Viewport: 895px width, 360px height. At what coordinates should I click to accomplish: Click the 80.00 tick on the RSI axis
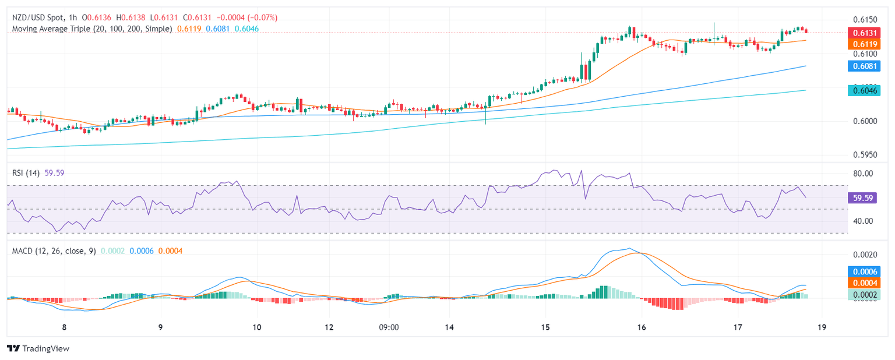pyautogui.click(x=862, y=174)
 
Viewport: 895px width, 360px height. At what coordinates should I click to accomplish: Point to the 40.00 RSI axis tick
pyautogui.click(x=862, y=221)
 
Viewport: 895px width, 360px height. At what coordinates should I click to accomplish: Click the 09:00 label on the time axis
pyautogui.click(x=389, y=327)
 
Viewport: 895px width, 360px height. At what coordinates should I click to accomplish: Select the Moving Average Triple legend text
pyautogui.click(x=91, y=28)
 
